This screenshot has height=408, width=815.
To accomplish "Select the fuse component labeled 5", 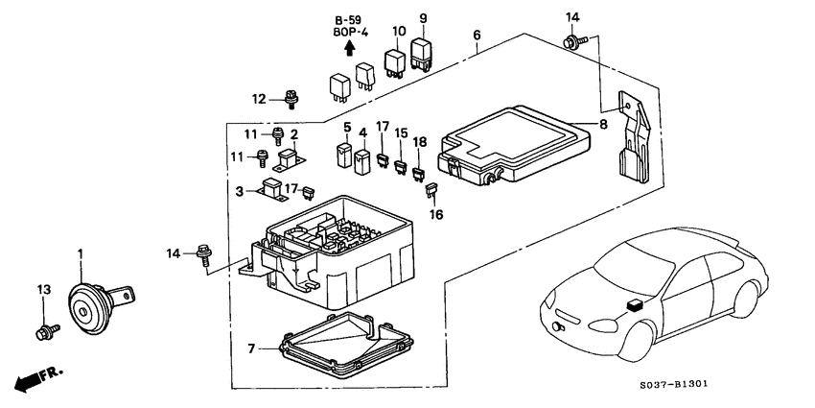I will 343,154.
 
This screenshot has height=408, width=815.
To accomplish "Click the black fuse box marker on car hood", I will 634,306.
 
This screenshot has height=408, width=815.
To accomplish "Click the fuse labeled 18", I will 418,174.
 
